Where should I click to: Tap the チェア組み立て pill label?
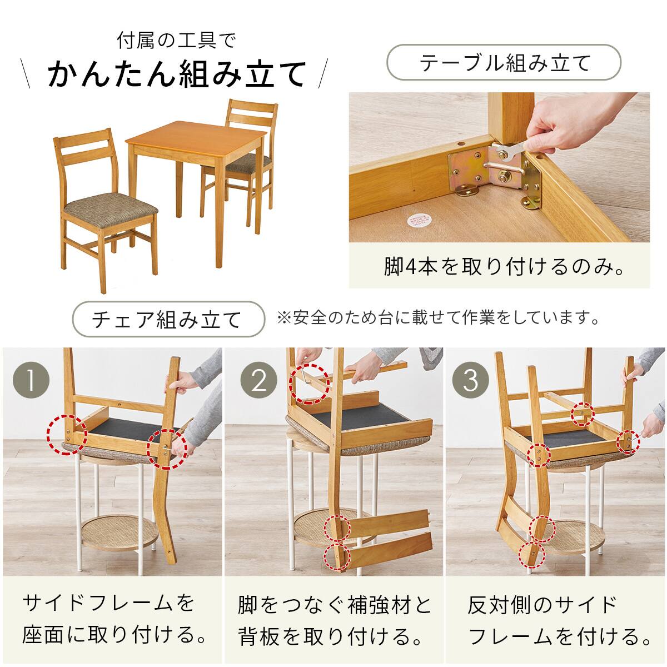point(168,319)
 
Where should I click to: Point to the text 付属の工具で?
point(177,40)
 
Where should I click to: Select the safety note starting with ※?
point(439,318)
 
